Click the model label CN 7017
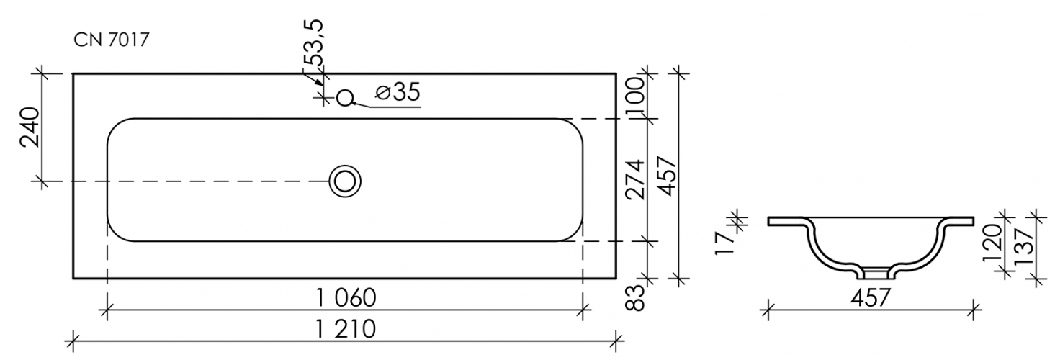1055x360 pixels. [x=111, y=40]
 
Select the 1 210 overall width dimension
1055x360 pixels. [x=346, y=329]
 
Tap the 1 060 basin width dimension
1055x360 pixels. [x=346, y=298]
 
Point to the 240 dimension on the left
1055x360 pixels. [x=30, y=127]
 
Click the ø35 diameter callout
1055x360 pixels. [x=398, y=91]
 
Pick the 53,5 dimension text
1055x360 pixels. [x=313, y=42]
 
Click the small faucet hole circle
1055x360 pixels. [x=345, y=98]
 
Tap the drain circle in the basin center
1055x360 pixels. [x=345, y=181]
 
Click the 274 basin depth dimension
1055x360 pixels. [x=635, y=179]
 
